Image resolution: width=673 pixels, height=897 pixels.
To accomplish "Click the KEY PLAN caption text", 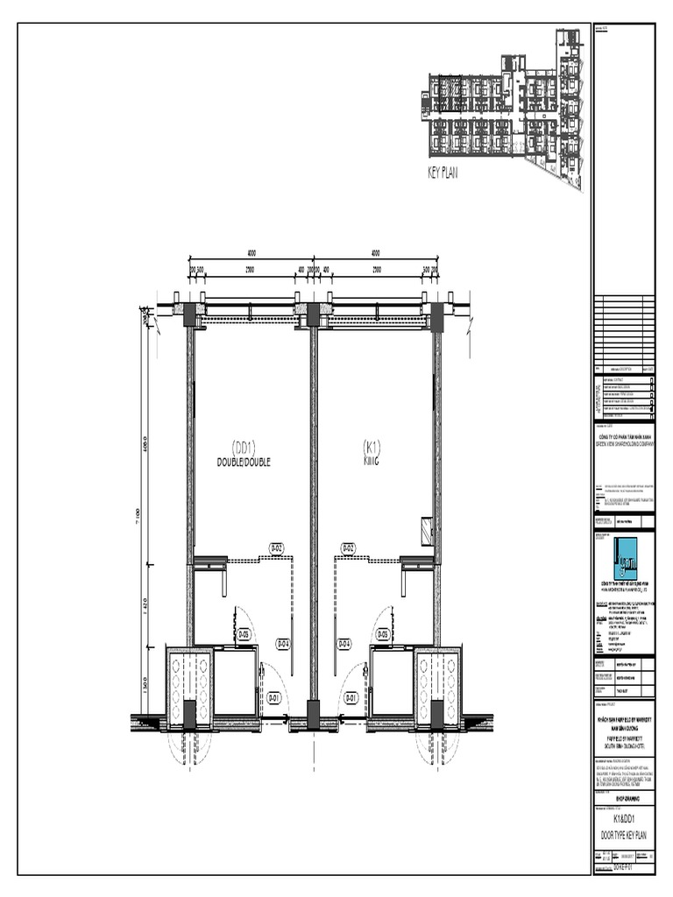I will tap(443, 173).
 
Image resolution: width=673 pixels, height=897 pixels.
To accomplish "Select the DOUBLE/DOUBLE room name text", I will tap(244, 462).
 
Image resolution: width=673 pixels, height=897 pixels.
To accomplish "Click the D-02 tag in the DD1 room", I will tap(275, 549).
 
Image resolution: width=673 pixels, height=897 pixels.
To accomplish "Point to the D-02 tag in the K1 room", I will tap(348, 549).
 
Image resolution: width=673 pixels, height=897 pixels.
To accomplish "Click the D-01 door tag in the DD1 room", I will tap(273, 698).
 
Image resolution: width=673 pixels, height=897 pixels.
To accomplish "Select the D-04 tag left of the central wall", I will tap(284, 644).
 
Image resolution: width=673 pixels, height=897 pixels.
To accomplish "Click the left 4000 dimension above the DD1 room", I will tap(251, 253).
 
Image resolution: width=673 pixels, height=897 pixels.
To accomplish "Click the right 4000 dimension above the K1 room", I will tap(374, 253).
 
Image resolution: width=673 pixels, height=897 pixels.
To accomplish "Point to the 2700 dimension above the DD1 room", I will tap(250, 270).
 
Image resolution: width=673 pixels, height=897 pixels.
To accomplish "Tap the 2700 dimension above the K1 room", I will tap(377, 270).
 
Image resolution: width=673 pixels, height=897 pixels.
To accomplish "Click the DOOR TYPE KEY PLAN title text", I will tap(624, 838).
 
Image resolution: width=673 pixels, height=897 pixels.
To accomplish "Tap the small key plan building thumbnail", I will tap(504, 109).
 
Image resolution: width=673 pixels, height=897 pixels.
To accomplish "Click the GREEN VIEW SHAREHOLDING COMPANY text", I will tap(625, 442).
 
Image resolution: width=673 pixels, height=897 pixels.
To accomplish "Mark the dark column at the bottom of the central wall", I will tap(312, 713).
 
